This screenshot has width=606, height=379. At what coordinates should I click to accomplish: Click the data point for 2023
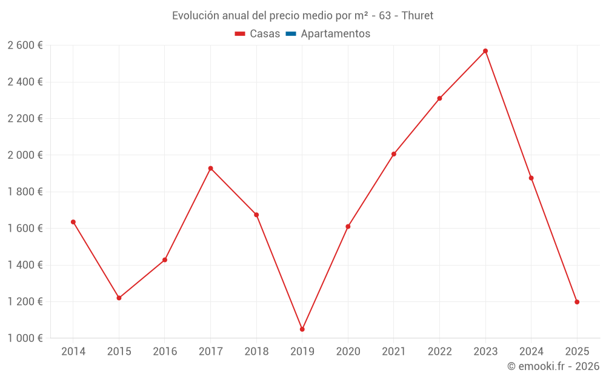pyautogui.click(x=485, y=51)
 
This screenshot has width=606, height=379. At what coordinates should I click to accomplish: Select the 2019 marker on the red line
pyautogui.click(x=302, y=329)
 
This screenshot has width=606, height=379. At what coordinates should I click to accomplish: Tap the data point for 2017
pyautogui.click(x=210, y=168)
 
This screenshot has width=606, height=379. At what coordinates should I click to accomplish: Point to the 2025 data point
pyautogui.click(x=577, y=302)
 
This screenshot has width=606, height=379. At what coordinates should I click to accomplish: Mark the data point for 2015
pyautogui.click(x=119, y=298)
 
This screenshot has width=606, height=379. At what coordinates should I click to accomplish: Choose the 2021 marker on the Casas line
pyautogui.click(x=394, y=154)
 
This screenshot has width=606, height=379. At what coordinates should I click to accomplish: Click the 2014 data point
pyautogui.click(x=73, y=222)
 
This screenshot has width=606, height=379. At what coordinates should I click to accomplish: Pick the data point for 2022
pyautogui.click(x=439, y=98)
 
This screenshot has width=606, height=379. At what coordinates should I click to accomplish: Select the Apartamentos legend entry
pyautogui.click(x=335, y=34)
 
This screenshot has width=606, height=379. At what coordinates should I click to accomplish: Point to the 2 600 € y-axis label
pyautogui.click(x=25, y=45)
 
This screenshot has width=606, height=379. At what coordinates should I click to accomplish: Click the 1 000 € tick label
pyautogui.click(x=25, y=338)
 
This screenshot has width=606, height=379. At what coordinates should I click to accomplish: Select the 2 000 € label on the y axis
pyautogui.click(x=25, y=155)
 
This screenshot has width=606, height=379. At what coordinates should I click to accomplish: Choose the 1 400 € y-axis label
pyautogui.click(x=25, y=265)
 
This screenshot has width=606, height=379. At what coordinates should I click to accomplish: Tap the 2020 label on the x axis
pyautogui.click(x=348, y=352)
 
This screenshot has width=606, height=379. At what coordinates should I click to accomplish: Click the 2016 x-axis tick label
pyautogui.click(x=165, y=352)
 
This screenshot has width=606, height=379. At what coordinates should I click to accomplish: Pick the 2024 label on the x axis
pyautogui.click(x=531, y=352)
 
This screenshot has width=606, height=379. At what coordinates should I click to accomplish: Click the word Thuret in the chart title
pyautogui.click(x=417, y=16)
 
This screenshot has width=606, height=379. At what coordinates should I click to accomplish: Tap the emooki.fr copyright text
pyautogui.click(x=553, y=366)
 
